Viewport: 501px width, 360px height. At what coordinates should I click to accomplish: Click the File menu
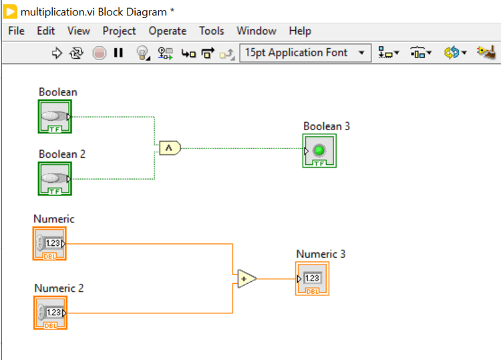point(16,31)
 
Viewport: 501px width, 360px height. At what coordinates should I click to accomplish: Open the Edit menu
point(45,31)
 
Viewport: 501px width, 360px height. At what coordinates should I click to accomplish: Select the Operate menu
point(167,31)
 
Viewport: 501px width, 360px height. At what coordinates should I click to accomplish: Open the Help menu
point(300,31)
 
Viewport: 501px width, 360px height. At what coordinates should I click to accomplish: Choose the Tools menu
point(211,31)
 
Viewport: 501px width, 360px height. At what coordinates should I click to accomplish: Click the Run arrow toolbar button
point(57,53)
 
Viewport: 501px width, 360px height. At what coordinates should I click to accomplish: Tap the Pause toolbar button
point(118,53)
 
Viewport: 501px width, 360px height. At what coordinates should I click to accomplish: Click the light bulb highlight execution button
point(142,53)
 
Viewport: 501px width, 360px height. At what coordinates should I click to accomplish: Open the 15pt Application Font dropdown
point(305,53)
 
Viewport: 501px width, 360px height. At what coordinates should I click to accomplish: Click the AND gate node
point(170,148)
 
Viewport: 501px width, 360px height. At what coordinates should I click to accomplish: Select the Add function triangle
point(246,279)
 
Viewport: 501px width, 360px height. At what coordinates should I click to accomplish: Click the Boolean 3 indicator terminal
point(319,150)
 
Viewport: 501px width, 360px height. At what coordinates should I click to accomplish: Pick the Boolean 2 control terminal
point(55,178)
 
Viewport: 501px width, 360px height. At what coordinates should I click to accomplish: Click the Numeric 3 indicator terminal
point(313,279)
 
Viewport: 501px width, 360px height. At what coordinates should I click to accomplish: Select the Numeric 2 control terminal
point(51,313)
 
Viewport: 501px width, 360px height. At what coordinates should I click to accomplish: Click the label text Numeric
point(53,219)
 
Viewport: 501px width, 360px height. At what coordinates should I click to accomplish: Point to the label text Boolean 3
point(326,126)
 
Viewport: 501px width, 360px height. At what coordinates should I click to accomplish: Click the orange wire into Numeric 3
point(275,279)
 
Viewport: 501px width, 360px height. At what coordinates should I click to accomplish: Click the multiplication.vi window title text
point(97,11)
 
